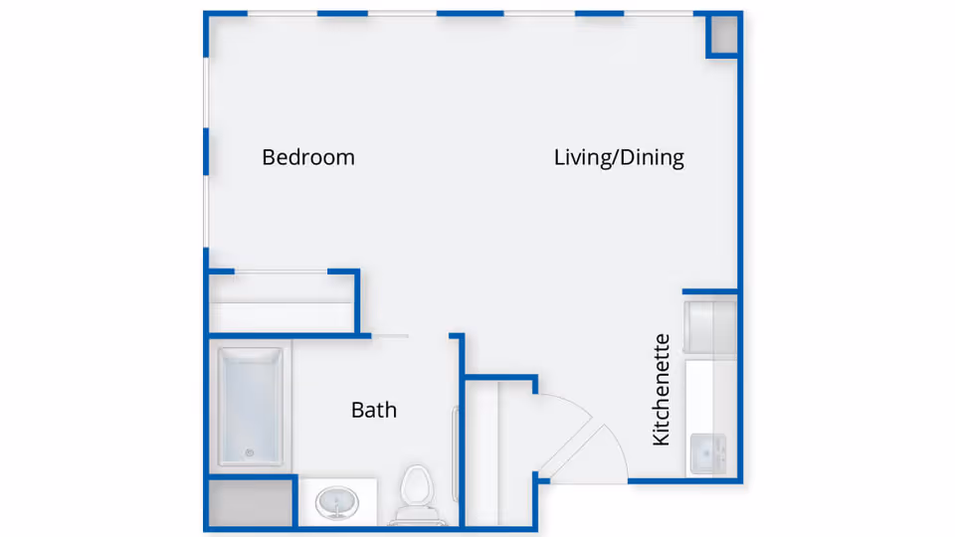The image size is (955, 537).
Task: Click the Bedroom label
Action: (x=308, y=157)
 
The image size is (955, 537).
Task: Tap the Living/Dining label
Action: (x=619, y=157)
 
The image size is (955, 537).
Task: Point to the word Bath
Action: (x=374, y=410)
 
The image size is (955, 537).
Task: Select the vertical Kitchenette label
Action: (x=662, y=390)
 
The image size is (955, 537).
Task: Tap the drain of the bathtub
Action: (x=249, y=453)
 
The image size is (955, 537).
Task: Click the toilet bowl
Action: (x=415, y=488)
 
